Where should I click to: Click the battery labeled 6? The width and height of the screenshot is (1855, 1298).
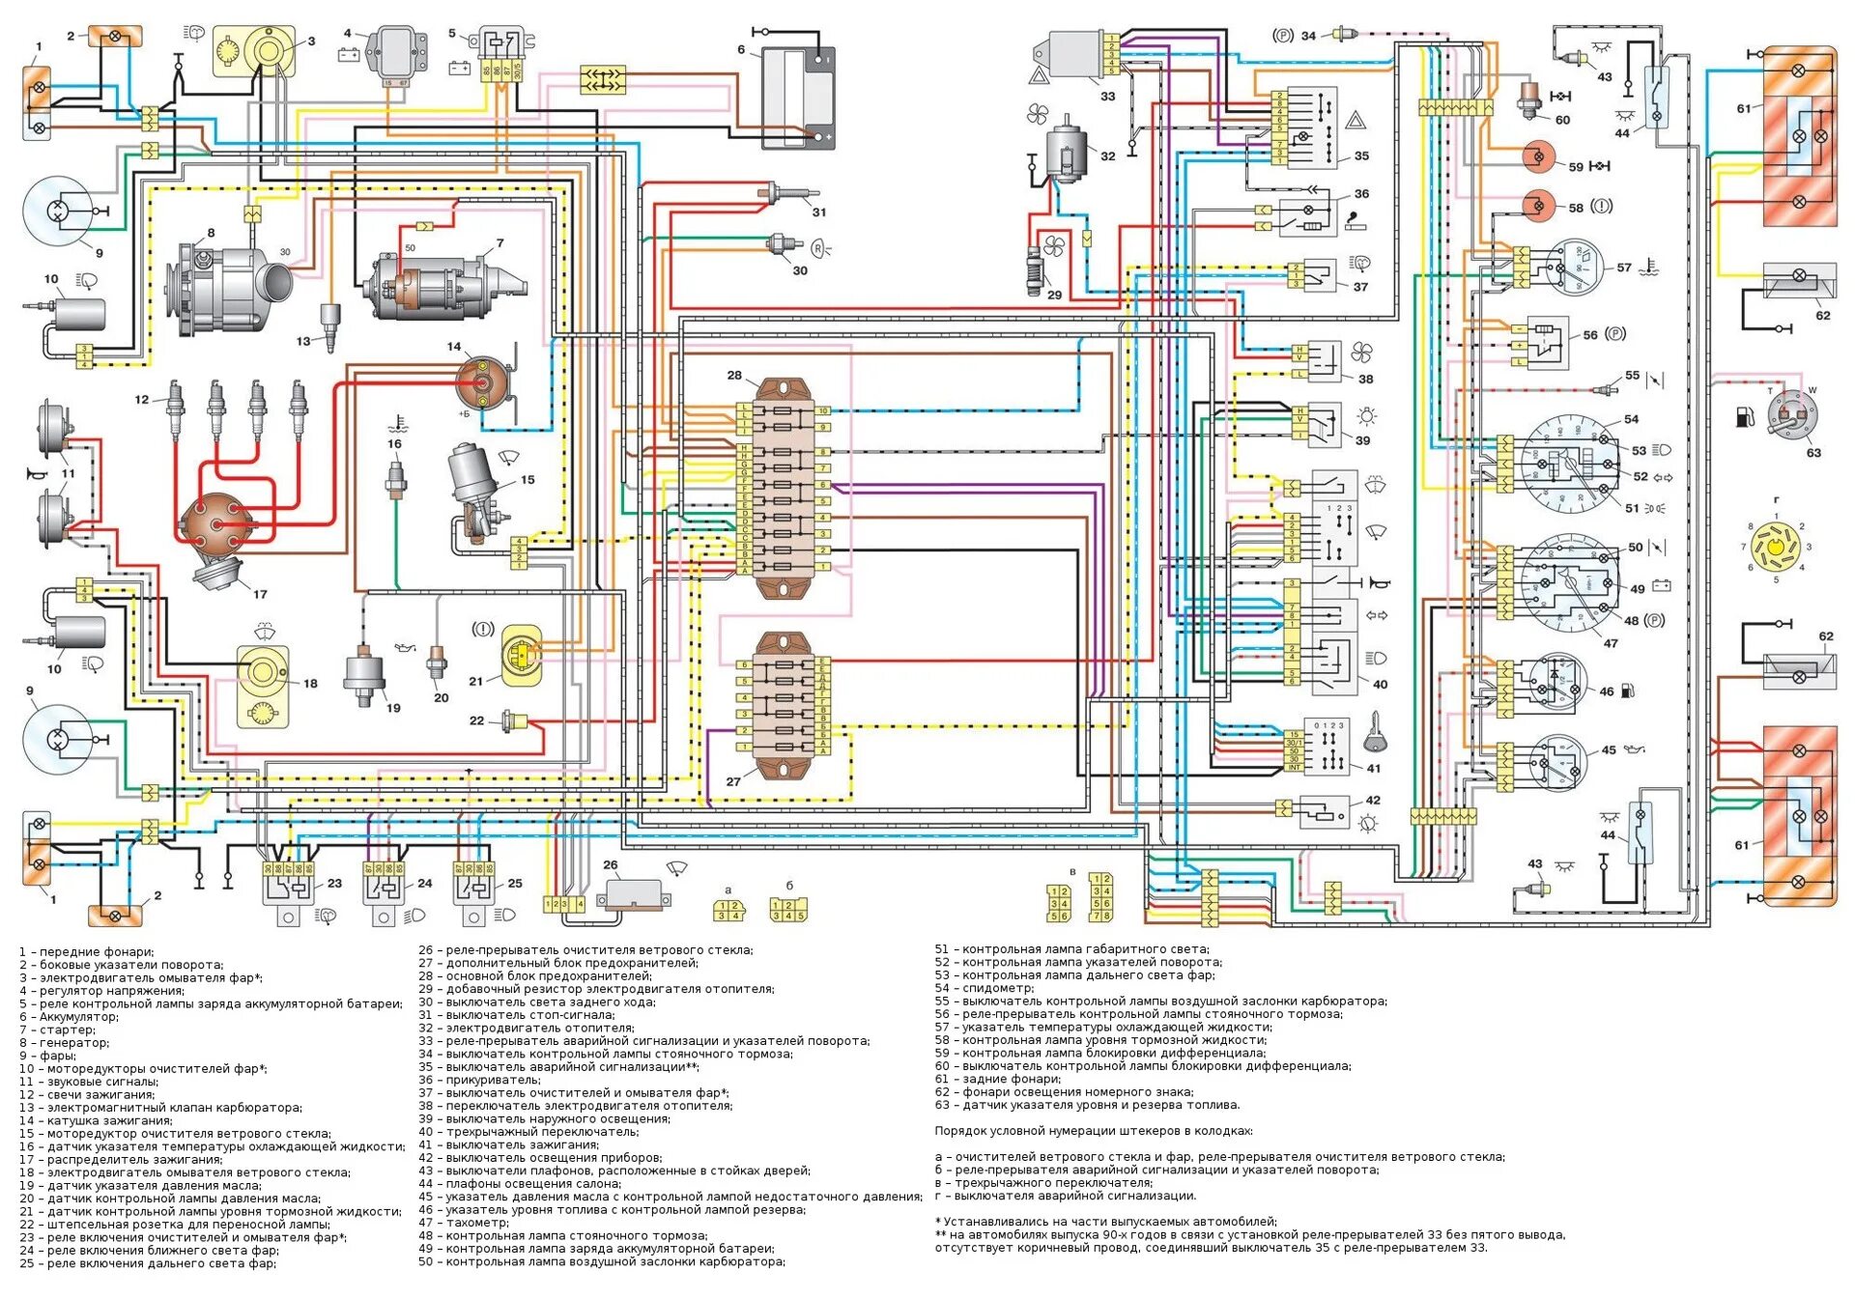(798, 97)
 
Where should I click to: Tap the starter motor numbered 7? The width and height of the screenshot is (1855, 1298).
(444, 285)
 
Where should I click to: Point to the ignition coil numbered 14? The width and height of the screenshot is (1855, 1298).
(482, 381)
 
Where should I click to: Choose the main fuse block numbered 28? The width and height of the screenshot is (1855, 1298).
(784, 488)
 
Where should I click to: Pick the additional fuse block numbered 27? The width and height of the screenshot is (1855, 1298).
(784, 705)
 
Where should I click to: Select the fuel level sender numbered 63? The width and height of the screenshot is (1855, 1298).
(1792, 415)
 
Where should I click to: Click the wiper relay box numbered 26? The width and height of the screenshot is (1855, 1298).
(633, 894)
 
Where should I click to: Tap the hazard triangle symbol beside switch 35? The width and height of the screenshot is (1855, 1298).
(1356, 122)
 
